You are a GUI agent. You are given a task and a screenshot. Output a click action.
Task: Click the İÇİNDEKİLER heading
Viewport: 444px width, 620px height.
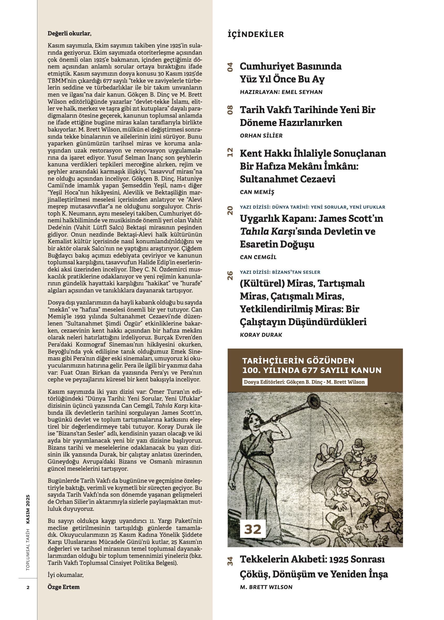256,34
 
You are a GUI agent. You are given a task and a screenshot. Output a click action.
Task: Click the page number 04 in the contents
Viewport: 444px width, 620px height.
230,67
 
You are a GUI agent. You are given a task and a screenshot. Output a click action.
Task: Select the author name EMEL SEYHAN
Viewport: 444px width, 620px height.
302,92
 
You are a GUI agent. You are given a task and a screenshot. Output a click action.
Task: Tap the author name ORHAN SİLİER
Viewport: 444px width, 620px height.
261,136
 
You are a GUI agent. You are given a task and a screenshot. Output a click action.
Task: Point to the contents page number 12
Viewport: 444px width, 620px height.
230,152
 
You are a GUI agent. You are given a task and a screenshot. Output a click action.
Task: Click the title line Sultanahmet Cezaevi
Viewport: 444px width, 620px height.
287,179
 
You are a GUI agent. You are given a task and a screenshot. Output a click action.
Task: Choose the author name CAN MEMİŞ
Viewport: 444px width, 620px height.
257,192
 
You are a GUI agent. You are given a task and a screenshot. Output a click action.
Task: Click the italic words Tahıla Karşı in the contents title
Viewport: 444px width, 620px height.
267,231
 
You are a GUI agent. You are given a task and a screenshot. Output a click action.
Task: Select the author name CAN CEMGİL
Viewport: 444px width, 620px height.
258,257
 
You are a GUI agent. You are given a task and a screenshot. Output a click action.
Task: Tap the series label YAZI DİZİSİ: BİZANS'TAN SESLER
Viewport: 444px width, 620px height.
280,272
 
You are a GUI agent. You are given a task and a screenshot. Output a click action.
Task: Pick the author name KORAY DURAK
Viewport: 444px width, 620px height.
261,335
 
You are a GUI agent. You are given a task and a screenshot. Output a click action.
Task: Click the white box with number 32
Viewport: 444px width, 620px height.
253,529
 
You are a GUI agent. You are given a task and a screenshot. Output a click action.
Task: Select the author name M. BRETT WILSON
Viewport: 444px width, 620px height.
266,587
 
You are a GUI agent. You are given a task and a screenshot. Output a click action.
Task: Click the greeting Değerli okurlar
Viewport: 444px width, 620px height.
69,33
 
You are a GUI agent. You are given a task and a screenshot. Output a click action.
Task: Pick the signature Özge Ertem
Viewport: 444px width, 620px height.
64,587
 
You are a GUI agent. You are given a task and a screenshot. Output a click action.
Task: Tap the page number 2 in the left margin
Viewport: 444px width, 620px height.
28,587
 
